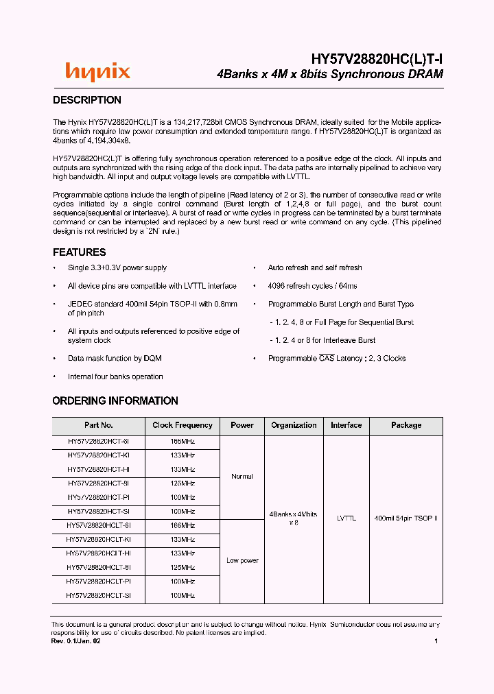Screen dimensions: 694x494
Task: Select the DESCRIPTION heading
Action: [x=87, y=100]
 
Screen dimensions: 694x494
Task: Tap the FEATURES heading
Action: [x=80, y=252]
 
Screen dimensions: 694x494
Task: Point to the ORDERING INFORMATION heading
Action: [x=115, y=401]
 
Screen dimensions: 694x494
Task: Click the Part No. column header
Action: [x=99, y=425]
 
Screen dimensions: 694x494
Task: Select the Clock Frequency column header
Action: [x=183, y=425]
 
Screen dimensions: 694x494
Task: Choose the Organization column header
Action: [x=294, y=425]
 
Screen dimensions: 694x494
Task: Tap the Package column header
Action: [x=406, y=425]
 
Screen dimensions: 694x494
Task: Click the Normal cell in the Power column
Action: [x=242, y=477]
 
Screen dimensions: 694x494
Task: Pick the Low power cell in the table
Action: [x=242, y=561]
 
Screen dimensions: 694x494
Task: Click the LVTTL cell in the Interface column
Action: [x=346, y=518]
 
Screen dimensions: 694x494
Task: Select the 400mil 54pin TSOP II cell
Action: [x=406, y=518]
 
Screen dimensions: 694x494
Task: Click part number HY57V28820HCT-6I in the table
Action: [x=99, y=442]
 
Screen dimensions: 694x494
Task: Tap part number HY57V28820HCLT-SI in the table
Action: [x=99, y=596]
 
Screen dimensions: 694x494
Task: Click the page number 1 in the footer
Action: [x=436, y=641]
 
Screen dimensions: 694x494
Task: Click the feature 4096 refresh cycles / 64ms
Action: [x=312, y=286]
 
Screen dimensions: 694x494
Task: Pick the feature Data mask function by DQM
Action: [x=115, y=359]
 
